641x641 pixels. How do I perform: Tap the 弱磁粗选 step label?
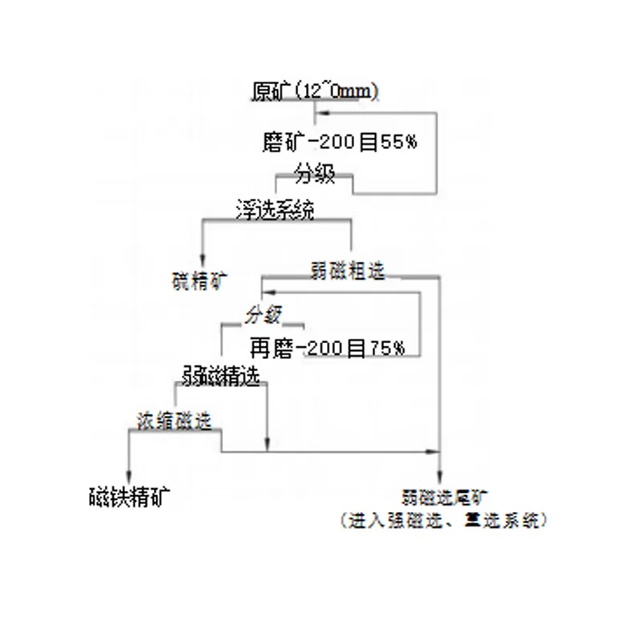click(x=346, y=271)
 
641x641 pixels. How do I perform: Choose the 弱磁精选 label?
click(x=221, y=377)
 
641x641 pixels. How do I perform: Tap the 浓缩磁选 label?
click(x=174, y=421)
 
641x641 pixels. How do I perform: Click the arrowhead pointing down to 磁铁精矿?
click(x=128, y=474)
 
